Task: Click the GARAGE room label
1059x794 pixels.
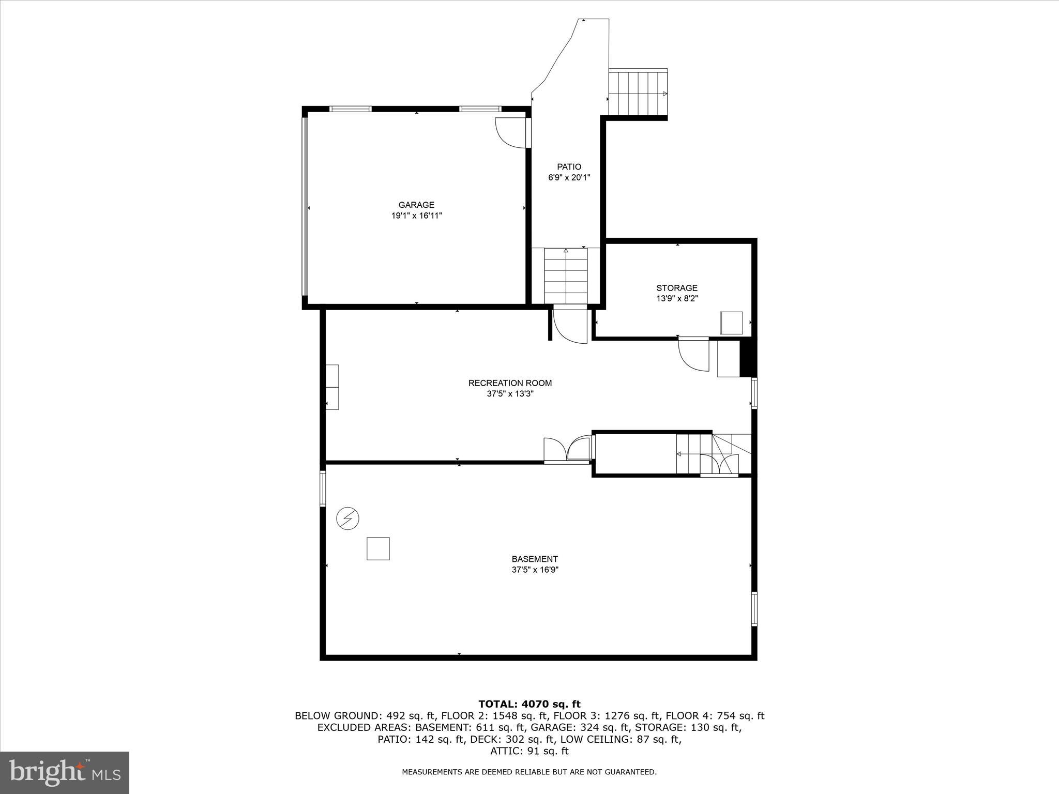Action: (x=416, y=205)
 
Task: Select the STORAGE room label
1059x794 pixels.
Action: (x=677, y=288)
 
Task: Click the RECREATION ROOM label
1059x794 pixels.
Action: (x=510, y=383)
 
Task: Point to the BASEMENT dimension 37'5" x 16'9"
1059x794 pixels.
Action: (x=535, y=570)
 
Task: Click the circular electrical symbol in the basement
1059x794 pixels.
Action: (x=347, y=518)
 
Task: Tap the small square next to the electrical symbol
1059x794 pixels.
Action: (x=378, y=548)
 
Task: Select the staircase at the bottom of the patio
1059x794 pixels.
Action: (x=566, y=276)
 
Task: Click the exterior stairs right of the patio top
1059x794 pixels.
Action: (x=638, y=94)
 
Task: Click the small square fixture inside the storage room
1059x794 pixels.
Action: (x=732, y=323)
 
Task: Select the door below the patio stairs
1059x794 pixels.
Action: (x=570, y=326)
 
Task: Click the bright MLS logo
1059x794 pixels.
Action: (x=65, y=773)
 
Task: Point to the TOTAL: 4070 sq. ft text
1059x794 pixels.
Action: (x=529, y=704)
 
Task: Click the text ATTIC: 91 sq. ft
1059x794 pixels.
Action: (x=529, y=751)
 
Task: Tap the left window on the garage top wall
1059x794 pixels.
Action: (x=351, y=109)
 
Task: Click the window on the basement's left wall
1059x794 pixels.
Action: (x=323, y=488)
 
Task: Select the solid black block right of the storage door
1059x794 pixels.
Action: (x=748, y=357)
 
